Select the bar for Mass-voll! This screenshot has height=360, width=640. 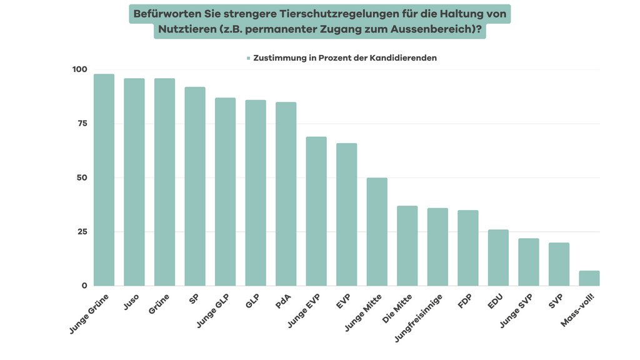point(589,279)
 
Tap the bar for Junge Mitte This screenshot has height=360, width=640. point(377,232)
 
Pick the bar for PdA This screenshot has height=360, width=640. point(286,194)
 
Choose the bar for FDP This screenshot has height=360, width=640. point(467,248)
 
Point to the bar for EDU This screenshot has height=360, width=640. point(498,257)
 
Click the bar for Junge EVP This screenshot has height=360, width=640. point(316,211)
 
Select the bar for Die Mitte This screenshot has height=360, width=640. point(407,246)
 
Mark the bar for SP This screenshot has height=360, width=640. point(195,186)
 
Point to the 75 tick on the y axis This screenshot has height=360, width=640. point(81,124)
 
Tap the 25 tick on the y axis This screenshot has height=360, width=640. point(81,232)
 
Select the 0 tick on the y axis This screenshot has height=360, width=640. point(84,286)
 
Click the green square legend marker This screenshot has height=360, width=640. point(248,58)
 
